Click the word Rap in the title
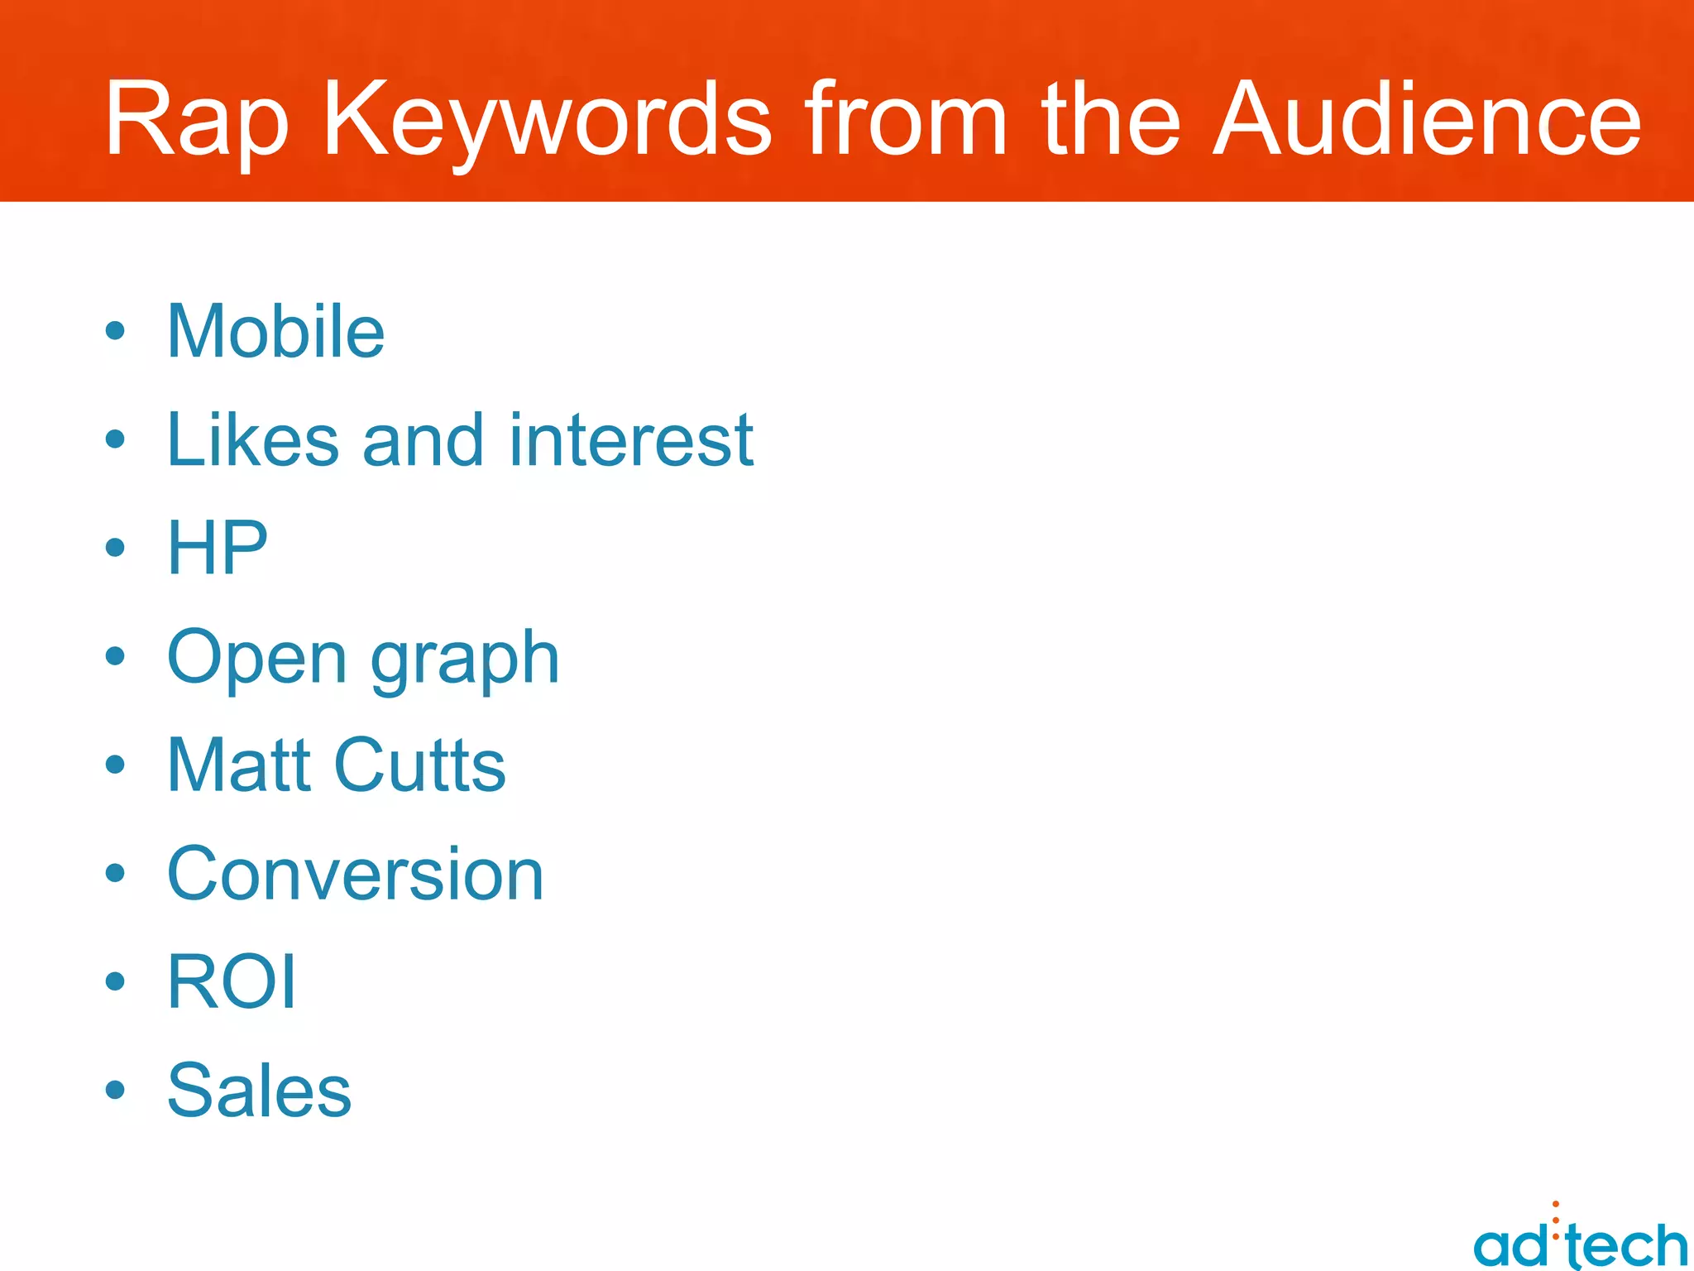point(197,120)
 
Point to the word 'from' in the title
point(907,120)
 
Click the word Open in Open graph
point(256,658)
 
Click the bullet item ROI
point(231,981)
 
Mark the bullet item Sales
point(259,1090)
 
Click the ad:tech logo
point(1580,1241)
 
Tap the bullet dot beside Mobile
point(115,332)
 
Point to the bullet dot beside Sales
point(115,1090)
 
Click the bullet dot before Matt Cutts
point(115,765)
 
